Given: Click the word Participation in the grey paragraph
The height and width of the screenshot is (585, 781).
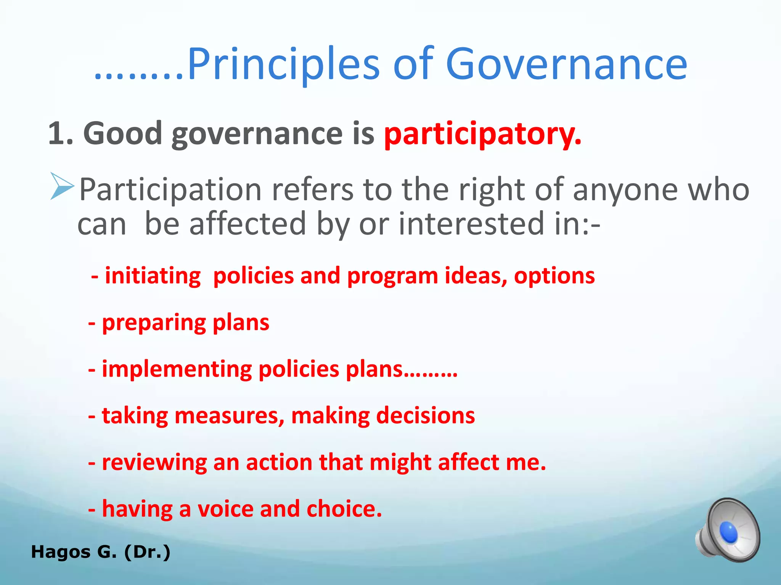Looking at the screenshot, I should (x=170, y=189).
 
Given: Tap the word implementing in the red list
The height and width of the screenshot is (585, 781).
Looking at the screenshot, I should (x=177, y=369).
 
